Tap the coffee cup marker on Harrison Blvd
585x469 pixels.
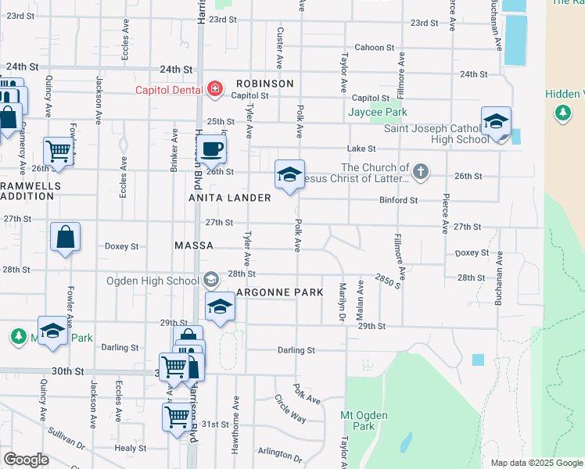[x=210, y=148]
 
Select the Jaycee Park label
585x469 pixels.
[x=378, y=113]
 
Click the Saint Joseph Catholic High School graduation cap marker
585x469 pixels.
[x=496, y=121]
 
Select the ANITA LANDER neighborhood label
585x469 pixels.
[x=231, y=198]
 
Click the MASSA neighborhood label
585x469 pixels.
[x=194, y=245]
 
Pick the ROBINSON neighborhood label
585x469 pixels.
[x=264, y=84]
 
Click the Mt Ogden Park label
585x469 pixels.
[x=357, y=420]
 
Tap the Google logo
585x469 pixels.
[x=26, y=460]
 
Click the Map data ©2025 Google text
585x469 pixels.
[x=536, y=463]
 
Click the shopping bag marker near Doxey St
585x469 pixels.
[x=65, y=237]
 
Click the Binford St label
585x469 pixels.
[x=399, y=201]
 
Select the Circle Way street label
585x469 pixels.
[x=290, y=408]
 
